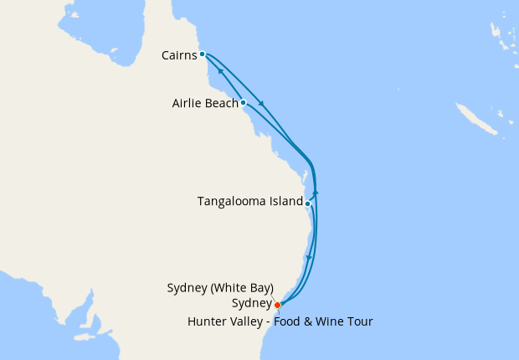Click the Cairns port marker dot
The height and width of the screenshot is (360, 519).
click(x=203, y=54)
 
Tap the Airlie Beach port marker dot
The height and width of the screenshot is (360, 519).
click(x=243, y=103)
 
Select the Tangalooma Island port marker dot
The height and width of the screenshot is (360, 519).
click(x=308, y=203)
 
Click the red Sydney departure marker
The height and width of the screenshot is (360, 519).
click(x=277, y=305)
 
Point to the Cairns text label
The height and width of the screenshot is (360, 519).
click(x=179, y=55)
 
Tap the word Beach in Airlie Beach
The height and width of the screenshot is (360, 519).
click(x=222, y=104)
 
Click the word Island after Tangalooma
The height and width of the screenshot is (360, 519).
click(x=283, y=202)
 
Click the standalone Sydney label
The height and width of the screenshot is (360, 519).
click(x=254, y=303)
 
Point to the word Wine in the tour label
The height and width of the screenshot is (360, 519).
click(x=326, y=321)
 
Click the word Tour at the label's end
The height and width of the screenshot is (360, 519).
click(x=358, y=321)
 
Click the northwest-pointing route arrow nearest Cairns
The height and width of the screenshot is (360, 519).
click(x=220, y=72)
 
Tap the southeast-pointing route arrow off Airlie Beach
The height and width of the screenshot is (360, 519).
click(x=262, y=104)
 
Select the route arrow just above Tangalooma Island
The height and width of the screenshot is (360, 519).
click(x=315, y=193)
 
